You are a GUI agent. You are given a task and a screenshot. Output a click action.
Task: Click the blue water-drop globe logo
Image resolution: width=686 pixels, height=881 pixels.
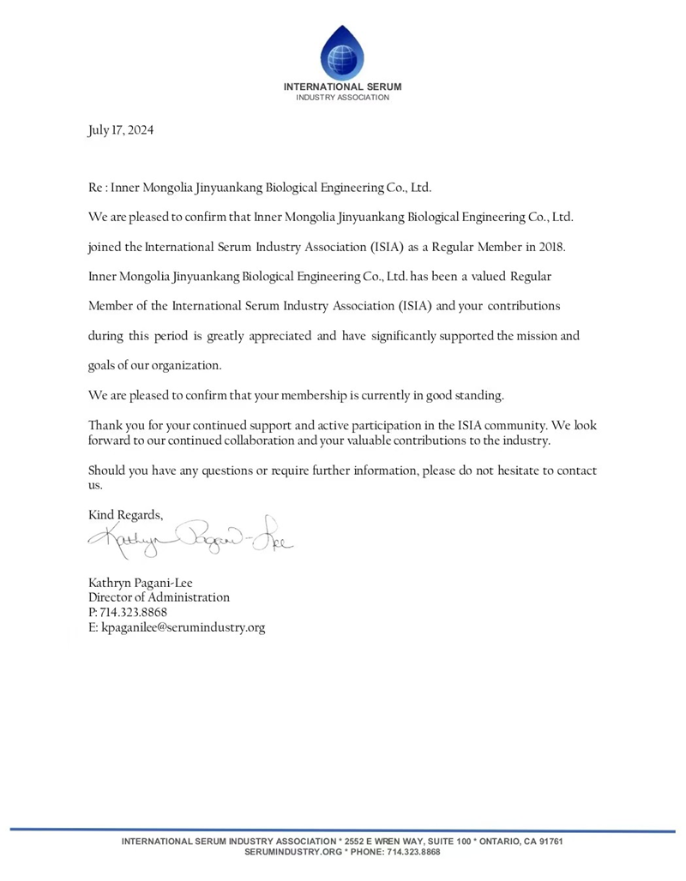pyautogui.click(x=342, y=52)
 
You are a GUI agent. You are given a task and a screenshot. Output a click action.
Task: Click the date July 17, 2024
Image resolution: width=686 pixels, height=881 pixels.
pyautogui.click(x=121, y=131)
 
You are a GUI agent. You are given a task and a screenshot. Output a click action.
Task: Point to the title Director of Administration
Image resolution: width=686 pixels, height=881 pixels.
pyautogui.click(x=159, y=597)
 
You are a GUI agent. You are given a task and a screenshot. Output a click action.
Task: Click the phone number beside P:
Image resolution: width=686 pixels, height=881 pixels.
pyautogui.click(x=134, y=612)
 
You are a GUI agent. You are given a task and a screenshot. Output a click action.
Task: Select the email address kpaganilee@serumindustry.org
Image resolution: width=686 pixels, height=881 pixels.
pyautogui.click(x=184, y=627)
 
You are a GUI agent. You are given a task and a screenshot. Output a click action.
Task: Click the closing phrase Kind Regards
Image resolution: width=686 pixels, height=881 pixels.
pyautogui.click(x=125, y=515)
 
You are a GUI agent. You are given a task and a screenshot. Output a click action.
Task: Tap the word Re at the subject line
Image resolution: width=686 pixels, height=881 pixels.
pyautogui.click(x=96, y=187)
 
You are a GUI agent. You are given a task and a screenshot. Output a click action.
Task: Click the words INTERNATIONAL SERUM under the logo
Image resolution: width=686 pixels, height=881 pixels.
pyautogui.click(x=343, y=87)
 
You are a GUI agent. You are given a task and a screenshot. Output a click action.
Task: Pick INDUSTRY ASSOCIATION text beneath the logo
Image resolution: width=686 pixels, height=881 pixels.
pyautogui.click(x=343, y=98)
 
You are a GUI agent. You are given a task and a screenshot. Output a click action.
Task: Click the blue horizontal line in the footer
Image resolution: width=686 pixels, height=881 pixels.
pyautogui.click(x=343, y=830)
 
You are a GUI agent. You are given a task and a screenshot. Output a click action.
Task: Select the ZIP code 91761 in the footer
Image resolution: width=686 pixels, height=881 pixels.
pyautogui.click(x=548, y=842)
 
